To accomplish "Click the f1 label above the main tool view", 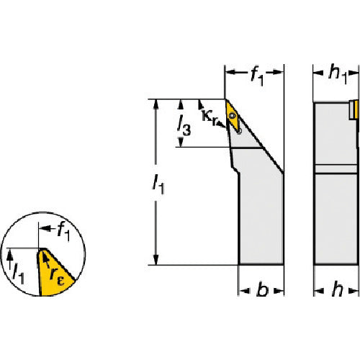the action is coord(257,76).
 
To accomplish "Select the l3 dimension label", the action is coord(184,125).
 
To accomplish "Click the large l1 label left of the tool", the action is coord(159,184).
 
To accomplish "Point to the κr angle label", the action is coord(210,117).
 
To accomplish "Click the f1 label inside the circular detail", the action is coord(64,232).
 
